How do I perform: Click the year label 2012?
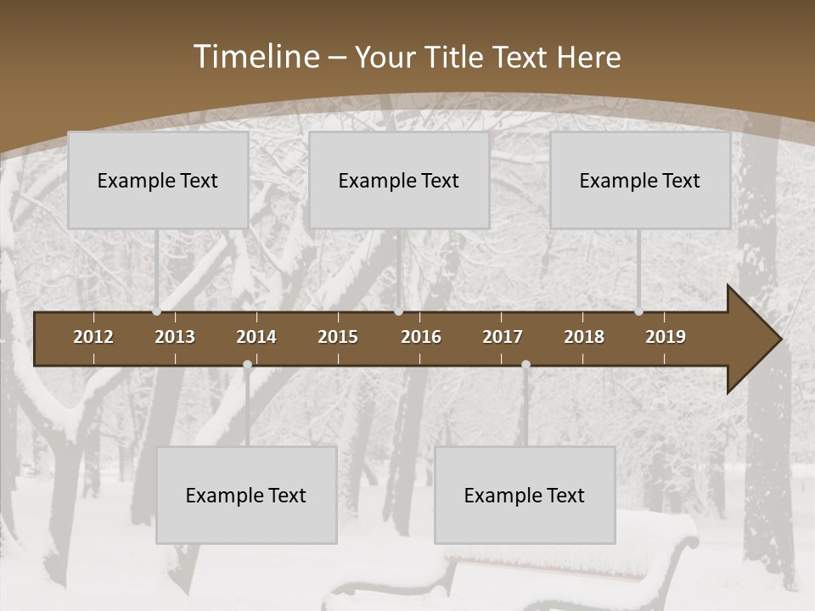coord(93,337)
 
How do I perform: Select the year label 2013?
coord(175,337)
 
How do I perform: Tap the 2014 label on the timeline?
coord(256,337)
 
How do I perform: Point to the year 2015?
coord(338,337)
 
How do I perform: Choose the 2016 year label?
coord(421,337)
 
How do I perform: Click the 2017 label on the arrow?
coord(503,337)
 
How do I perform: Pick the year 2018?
coord(584,337)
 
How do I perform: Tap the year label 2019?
coord(666,337)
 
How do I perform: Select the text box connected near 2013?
coord(158,180)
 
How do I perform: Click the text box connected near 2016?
coord(399,180)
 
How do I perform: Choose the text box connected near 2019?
coord(640,180)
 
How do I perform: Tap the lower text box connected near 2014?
coord(246,495)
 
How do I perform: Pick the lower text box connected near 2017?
coord(525,495)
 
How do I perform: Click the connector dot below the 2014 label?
coord(247,365)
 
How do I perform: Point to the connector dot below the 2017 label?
coord(526,365)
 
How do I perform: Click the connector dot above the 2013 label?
coord(157,311)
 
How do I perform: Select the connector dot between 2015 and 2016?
coord(398,311)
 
